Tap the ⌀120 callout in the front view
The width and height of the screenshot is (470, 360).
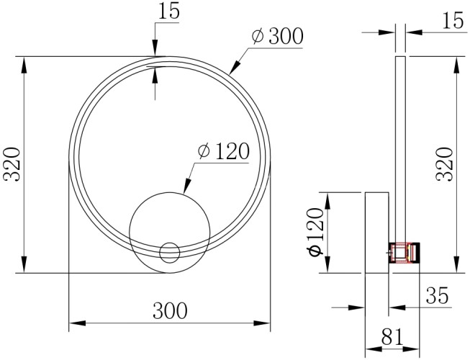(x=222, y=151)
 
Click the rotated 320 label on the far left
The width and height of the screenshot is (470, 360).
(x=12, y=164)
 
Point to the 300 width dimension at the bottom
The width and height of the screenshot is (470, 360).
(x=170, y=310)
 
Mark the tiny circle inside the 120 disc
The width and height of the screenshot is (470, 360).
(x=170, y=253)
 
